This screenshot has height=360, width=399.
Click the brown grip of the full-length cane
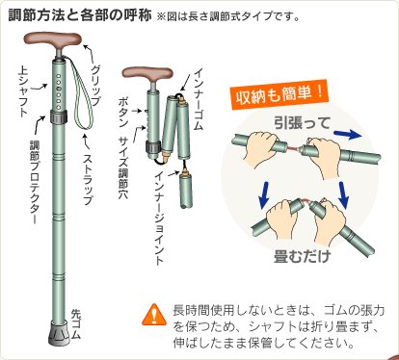(x=53, y=39)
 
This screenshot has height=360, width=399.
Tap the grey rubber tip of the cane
(x=59, y=333)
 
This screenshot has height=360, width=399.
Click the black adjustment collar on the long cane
(x=59, y=116)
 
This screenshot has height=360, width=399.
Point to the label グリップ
(x=95, y=85)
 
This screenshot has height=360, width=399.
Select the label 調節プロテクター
(x=35, y=182)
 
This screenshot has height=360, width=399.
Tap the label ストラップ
(x=89, y=180)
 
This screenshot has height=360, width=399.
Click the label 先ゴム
(x=76, y=323)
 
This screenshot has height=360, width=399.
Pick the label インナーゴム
(x=199, y=99)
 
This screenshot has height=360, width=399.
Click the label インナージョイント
(x=160, y=219)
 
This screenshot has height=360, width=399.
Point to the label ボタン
(x=123, y=112)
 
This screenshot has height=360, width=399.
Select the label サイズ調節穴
(x=123, y=167)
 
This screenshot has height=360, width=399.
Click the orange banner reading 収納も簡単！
(x=279, y=95)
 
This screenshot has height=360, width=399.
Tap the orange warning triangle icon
(x=154, y=315)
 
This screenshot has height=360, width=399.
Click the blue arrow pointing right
(x=348, y=135)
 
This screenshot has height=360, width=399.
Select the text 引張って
(x=303, y=123)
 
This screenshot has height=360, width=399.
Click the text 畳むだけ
(x=303, y=256)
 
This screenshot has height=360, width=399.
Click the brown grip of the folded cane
(x=147, y=74)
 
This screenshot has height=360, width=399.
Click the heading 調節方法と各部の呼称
(x=79, y=14)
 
